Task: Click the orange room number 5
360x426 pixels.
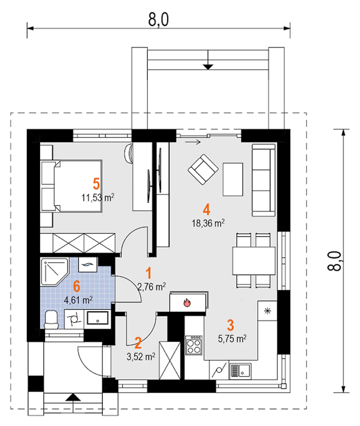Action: pos(96,184)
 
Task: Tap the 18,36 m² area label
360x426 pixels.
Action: pos(208,224)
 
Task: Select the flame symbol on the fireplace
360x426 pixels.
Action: pos(187,303)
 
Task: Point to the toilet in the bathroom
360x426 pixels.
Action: pos(51,320)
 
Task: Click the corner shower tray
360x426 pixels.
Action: pos(55,272)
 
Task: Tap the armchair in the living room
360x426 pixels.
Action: pos(203,170)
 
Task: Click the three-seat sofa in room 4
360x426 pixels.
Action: pos(264,180)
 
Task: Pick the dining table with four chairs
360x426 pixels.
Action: pos(254,261)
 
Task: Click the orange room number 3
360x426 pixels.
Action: pos(231,325)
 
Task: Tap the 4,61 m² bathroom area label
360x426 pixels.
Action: pos(78,300)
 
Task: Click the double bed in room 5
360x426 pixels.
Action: pos(71,186)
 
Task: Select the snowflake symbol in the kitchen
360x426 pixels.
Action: pos(267,311)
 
